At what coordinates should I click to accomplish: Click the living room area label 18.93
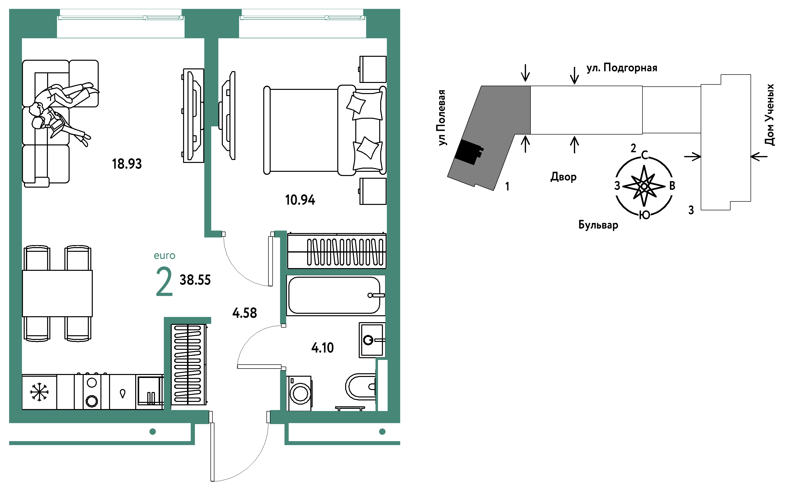tap(127, 164)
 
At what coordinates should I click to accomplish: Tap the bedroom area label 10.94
tap(300, 200)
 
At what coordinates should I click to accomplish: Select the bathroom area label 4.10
tap(322, 348)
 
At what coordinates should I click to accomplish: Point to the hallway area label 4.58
tap(245, 313)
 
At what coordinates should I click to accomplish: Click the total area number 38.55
tap(195, 280)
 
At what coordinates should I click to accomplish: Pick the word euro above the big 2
tap(165, 256)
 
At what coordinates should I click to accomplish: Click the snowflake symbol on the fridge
tap(39, 392)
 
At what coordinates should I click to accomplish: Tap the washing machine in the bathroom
tap(299, 393)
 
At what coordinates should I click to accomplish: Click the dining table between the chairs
tap(57, 293)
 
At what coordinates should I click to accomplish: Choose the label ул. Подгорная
tap(621, 68)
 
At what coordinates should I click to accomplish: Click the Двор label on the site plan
tap(564, 177)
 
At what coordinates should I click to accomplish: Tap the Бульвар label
tap(598, 225)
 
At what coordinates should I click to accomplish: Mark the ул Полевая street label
tap(442, 118)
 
